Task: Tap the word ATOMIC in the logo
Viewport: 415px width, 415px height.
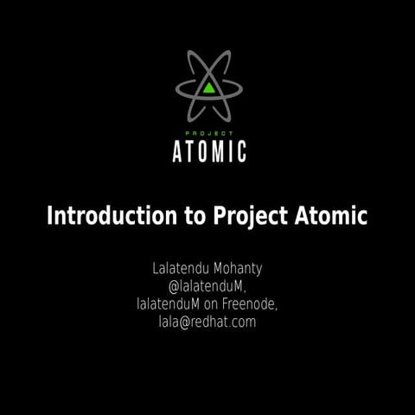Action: [210, 151]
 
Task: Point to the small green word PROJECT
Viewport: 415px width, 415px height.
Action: [209, 132]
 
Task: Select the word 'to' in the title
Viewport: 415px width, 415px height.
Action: [194, 215]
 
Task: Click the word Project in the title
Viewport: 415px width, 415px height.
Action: [246, 216]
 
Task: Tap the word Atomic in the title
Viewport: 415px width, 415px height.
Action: [327, 215]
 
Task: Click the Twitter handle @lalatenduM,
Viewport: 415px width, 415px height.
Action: [208, 285]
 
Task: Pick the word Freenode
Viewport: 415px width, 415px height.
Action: [254, 304]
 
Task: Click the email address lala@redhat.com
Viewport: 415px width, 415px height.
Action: [207, 322]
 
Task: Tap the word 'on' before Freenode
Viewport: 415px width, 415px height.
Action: [215, 304]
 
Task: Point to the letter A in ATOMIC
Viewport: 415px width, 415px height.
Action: [179, 151]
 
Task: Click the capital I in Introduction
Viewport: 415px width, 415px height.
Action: [50, 215]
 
